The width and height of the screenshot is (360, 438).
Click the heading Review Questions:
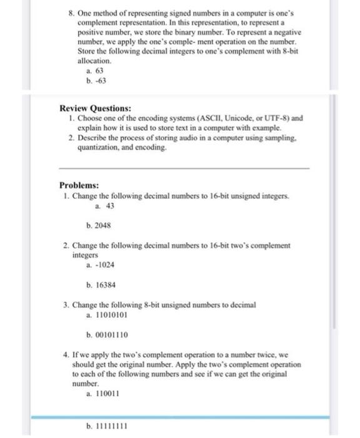click(95, 108)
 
